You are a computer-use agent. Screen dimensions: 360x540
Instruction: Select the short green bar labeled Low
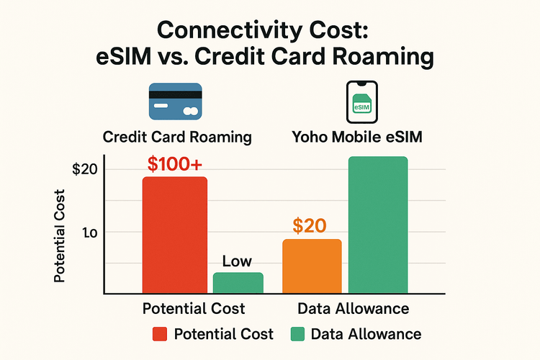(x=238, y=283)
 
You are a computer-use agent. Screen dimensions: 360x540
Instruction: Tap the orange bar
(x=312, y=266)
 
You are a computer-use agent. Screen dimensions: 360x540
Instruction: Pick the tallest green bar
(x=377, y=225)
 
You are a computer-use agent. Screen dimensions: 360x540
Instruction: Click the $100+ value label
(x=175, y=163)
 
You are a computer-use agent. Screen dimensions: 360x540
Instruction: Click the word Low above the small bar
(x=238, y=262)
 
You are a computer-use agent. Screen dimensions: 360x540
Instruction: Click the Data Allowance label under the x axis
(x=354, y=309)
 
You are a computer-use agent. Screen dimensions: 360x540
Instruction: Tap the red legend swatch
(x=161, y=334)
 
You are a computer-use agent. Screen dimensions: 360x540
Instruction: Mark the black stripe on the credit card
(x=175, y=92)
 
